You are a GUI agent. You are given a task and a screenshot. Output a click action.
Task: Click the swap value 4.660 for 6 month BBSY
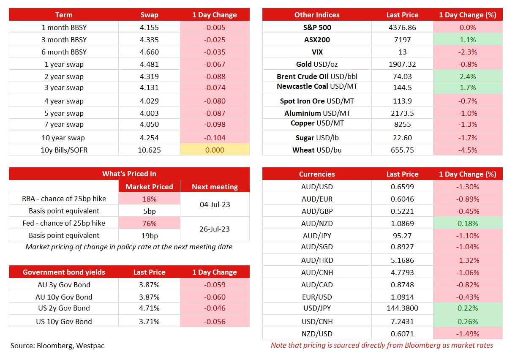click(149, 52)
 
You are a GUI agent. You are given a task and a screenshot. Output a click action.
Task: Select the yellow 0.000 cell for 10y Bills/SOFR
click(215, 150)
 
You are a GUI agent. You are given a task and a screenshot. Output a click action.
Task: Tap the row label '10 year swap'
click(63, 138)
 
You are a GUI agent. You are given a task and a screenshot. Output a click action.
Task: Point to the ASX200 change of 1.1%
click(468, 40)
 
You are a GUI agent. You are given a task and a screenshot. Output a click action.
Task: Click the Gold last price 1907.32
click(402, 64)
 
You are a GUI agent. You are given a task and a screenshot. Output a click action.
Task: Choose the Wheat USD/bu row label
click(317, 150)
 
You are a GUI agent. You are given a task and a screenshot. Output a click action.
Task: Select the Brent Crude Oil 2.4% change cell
click(468, 76)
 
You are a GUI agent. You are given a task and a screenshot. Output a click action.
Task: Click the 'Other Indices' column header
click(317, 15)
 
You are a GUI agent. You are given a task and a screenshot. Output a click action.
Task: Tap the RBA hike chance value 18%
click(150, 199)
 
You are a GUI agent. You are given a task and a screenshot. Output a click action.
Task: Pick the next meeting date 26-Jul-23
click(215, 229)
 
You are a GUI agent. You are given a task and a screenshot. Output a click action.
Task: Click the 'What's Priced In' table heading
click(129, 174)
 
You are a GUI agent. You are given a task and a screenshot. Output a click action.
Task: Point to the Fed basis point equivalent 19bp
click(150, 236)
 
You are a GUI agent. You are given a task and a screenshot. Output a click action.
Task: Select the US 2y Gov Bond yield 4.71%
click(149, 308)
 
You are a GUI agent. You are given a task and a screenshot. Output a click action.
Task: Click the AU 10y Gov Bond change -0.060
click(215, 297)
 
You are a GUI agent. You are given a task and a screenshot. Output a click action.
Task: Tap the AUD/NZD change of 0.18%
click(468, 224)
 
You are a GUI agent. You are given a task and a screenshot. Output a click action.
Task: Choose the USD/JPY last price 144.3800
click(402, 308)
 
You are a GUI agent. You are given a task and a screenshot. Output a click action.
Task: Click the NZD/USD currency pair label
click(317, 333)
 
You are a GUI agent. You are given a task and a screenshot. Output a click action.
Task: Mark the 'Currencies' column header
click(317, 174)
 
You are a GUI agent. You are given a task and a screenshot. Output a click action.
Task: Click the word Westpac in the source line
click(90, 346)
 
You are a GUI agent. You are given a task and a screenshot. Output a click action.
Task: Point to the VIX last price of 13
click(402, 52)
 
